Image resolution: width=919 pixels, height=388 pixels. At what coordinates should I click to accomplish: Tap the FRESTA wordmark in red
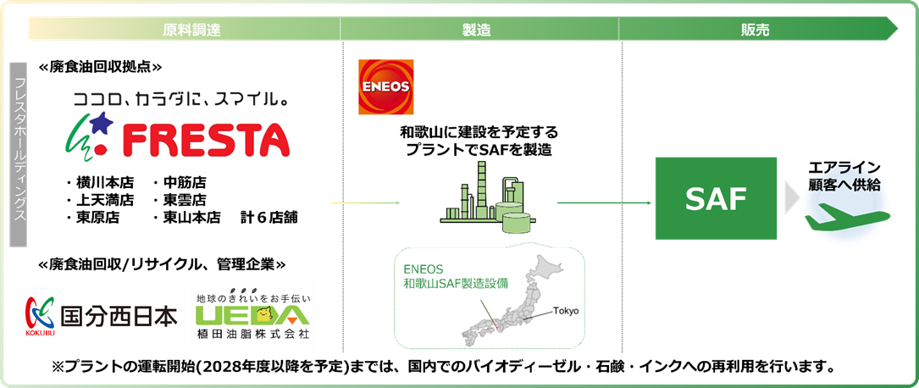pyautogui.click(x=206, y=138)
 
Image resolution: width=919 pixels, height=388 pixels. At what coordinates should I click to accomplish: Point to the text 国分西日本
pyautogui.click(x=119, y=316)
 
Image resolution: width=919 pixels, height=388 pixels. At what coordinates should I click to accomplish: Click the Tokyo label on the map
pyautogui.click(x=565, y=311)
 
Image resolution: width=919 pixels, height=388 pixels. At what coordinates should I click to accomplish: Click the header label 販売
pyautogui.click(x=755, y=30)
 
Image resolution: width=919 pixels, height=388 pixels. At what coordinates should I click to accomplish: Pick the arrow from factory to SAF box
pyautogui.click(x=604, y=202)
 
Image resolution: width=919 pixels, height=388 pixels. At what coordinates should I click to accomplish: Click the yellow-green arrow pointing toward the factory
pyautogui.click(x=365, y=202)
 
